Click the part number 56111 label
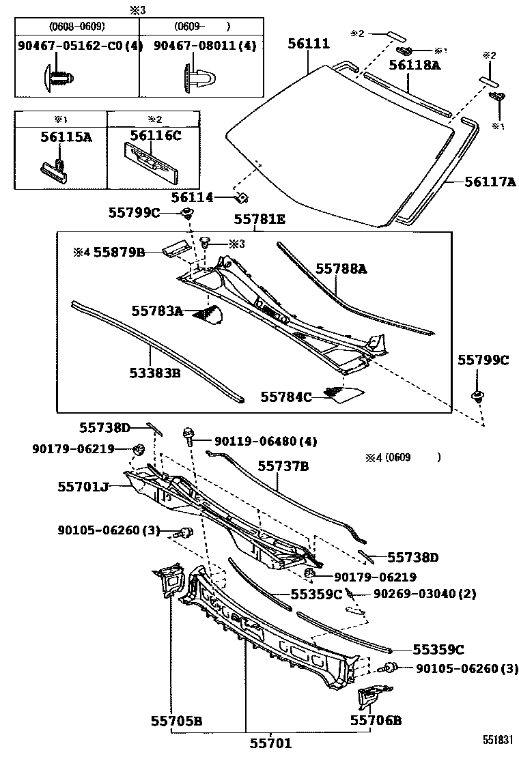pos(308,44)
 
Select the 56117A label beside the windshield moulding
pos(489,182)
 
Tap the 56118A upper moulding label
pos(415,66)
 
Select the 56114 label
pos(193,197)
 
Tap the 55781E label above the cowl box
pos(259,220)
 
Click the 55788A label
pos(341,270)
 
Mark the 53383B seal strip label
pos(154,373)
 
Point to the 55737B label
pos(283,466)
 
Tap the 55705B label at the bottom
pos(176,720)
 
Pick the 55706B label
pos(376,720)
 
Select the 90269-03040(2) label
pos(424,594)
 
